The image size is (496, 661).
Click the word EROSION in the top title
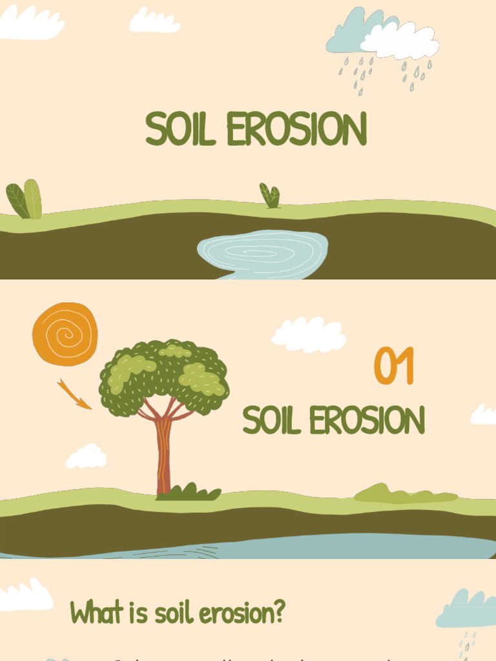(x=296, y=129)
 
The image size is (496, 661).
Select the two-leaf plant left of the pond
(x=25, y=200)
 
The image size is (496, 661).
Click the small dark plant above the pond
(x=270, y=196)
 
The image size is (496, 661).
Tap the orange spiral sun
(x=65, y=334)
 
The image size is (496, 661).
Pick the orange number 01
(x=393, y=367)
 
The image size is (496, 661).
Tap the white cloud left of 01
(x=309, y=334)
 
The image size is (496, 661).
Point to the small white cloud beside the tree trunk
(x=87, y=456)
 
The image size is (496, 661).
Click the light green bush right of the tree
(x=404, y=494)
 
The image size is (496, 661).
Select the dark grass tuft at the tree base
(x=189, y=493)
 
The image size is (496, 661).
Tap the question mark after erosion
(x=279, y=612)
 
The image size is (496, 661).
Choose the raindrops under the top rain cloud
(x=385, y=74)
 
